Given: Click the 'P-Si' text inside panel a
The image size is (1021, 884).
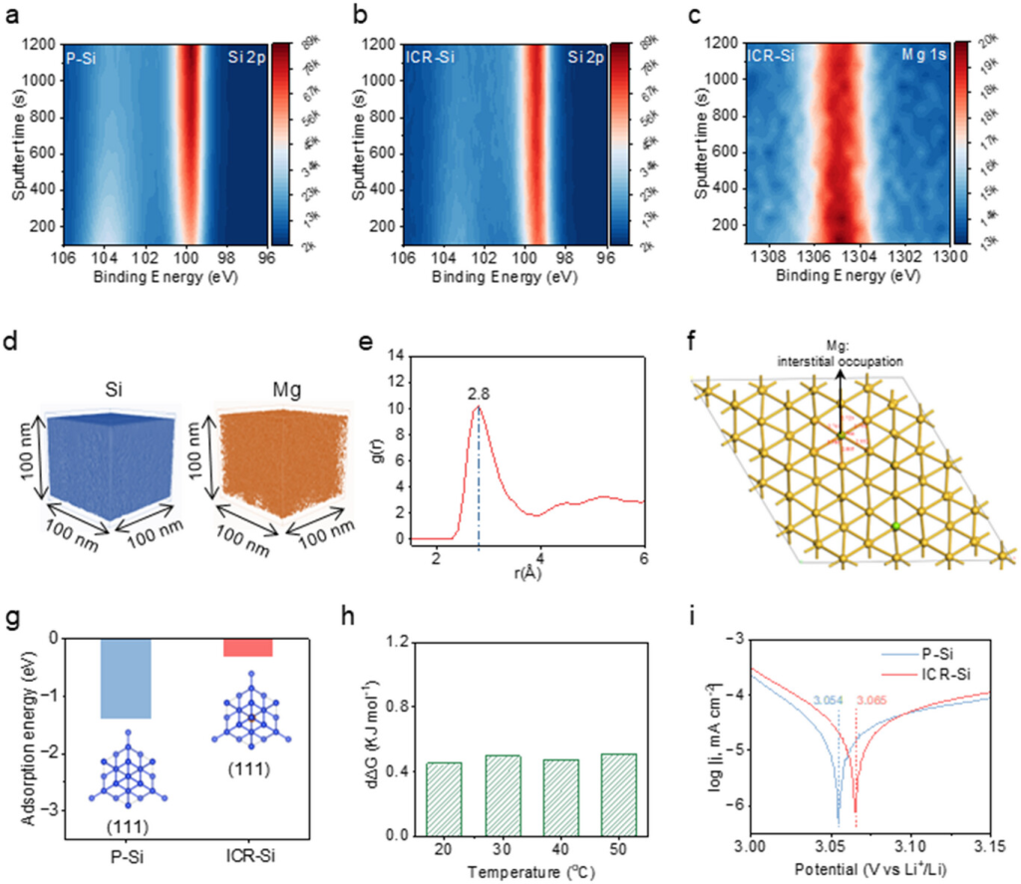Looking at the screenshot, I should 82,59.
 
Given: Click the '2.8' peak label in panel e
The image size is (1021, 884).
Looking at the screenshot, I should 480,392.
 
